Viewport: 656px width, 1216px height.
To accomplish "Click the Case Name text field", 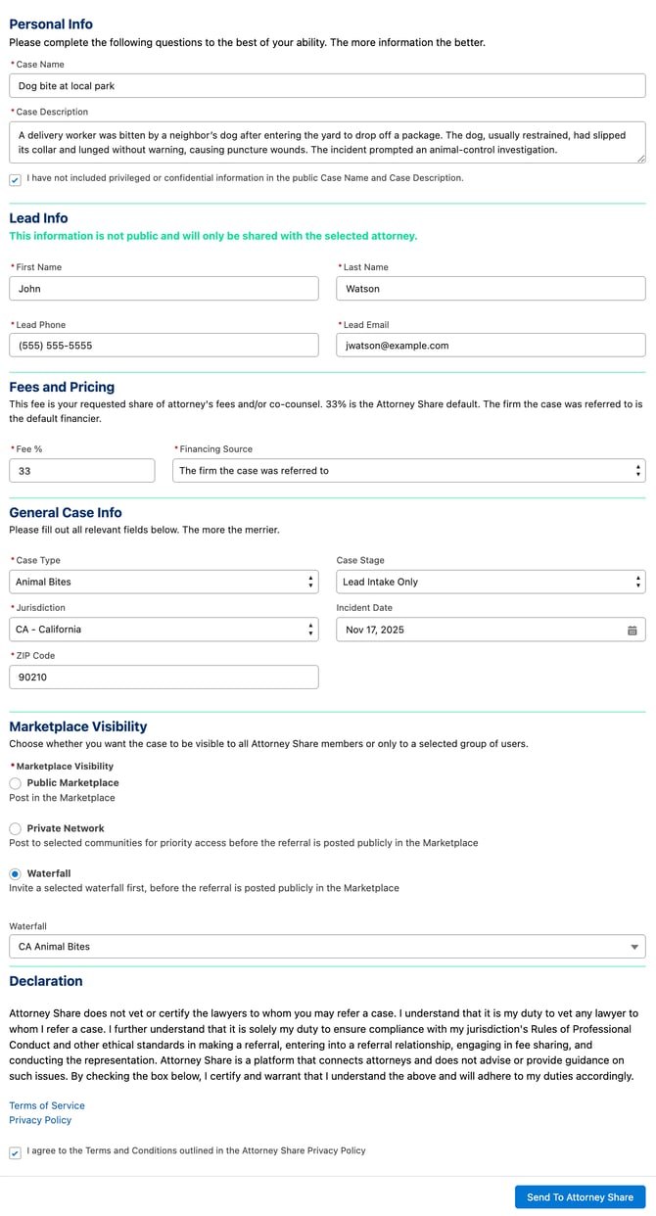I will coord(327,86).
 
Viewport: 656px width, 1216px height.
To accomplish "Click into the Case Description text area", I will coord(327,142).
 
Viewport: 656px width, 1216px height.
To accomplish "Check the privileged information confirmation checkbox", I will coord(15,179).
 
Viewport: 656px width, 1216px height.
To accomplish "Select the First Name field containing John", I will coord(164,289).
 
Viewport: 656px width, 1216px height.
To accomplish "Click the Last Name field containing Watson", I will coord(491,289).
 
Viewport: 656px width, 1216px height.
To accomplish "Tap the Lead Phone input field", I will coord(164,346).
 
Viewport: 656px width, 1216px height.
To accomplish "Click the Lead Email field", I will coord(491,346).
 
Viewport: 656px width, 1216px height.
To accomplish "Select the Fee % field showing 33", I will coord(81,471).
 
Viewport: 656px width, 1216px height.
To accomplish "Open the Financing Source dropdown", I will coord(408,471).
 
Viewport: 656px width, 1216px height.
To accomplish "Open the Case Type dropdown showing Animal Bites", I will coord(164,582).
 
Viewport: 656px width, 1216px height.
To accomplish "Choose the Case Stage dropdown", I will coord(491,582).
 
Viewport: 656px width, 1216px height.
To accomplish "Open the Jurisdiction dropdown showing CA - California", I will coord(164,630).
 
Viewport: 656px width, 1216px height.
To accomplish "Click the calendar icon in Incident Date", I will coord(633,631).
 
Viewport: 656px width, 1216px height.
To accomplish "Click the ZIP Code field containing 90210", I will coord(164,678).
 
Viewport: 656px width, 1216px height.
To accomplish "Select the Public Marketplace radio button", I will coord(16,783).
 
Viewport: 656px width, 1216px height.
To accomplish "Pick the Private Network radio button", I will coord(16,828).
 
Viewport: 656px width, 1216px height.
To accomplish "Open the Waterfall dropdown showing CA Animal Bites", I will coord(327,947).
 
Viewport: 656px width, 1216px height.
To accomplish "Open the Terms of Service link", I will coord(47,1105).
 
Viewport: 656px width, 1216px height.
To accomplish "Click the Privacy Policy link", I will coord(40,1120).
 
